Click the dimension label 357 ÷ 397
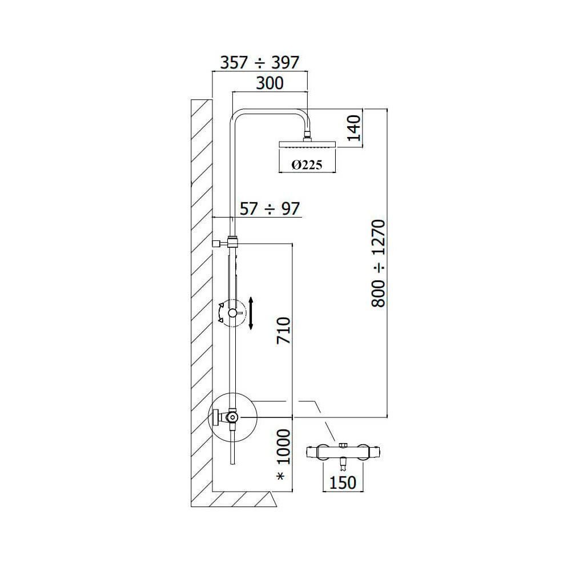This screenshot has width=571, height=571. coord(260,63)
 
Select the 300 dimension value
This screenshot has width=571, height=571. coord(270,83)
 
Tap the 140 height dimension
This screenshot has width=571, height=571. coord(353,128)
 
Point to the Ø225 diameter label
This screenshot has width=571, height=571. coord(307,166)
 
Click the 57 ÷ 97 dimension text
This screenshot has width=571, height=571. coord(270,209)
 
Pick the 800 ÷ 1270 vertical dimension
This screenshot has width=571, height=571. coord(378,263)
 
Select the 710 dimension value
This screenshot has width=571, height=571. coord(284,330)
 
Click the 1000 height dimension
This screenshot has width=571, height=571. coord(284,447)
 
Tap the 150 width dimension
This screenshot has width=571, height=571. coord(343,482)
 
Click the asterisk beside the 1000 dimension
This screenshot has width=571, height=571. coord(281,476)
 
